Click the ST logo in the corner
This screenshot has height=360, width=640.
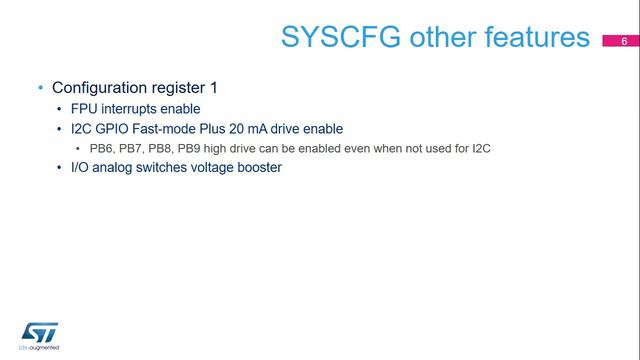tap(41, 333)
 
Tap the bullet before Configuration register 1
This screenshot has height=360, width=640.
tap(40, 88)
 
